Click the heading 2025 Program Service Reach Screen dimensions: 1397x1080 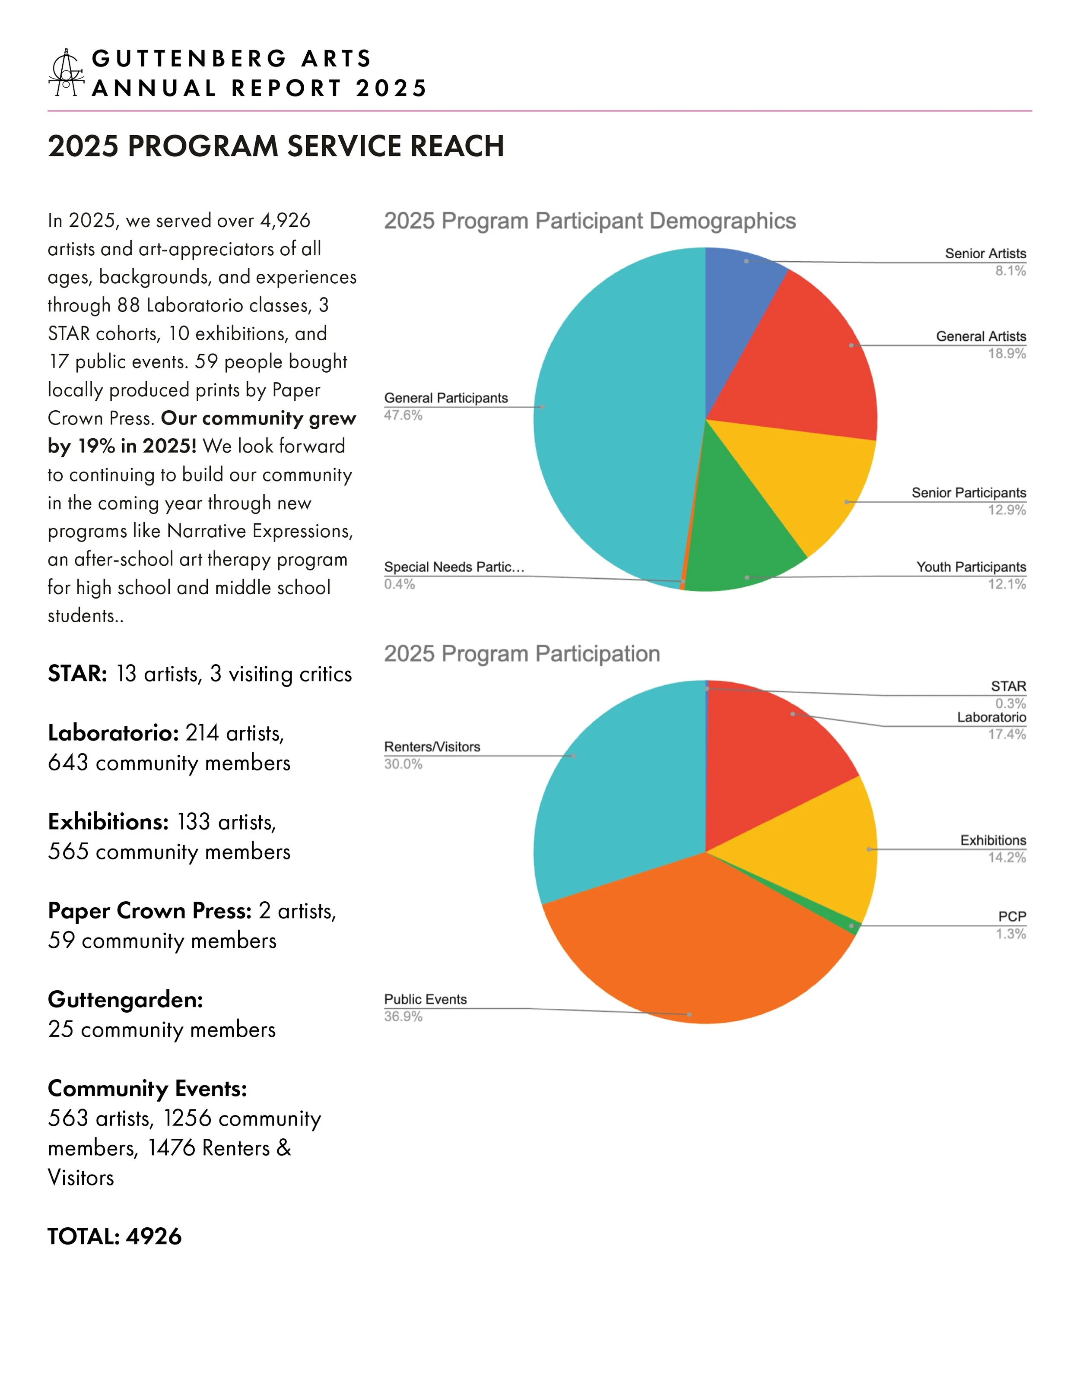click(276, 146)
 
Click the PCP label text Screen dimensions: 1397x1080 click(1012, 917)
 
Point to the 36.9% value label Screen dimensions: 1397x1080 click(403, 1017)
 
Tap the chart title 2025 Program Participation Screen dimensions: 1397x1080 click(521, 654)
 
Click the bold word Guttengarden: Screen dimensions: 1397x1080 click(125, 1000)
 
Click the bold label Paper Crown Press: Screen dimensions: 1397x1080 click(150, 911)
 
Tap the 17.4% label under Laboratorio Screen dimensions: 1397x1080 click(1007, 734)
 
